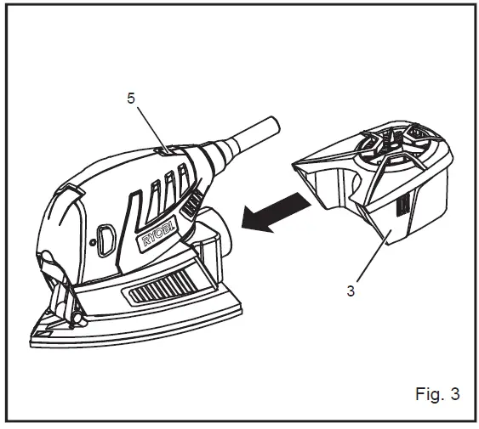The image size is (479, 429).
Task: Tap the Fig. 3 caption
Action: click(437, 393)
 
